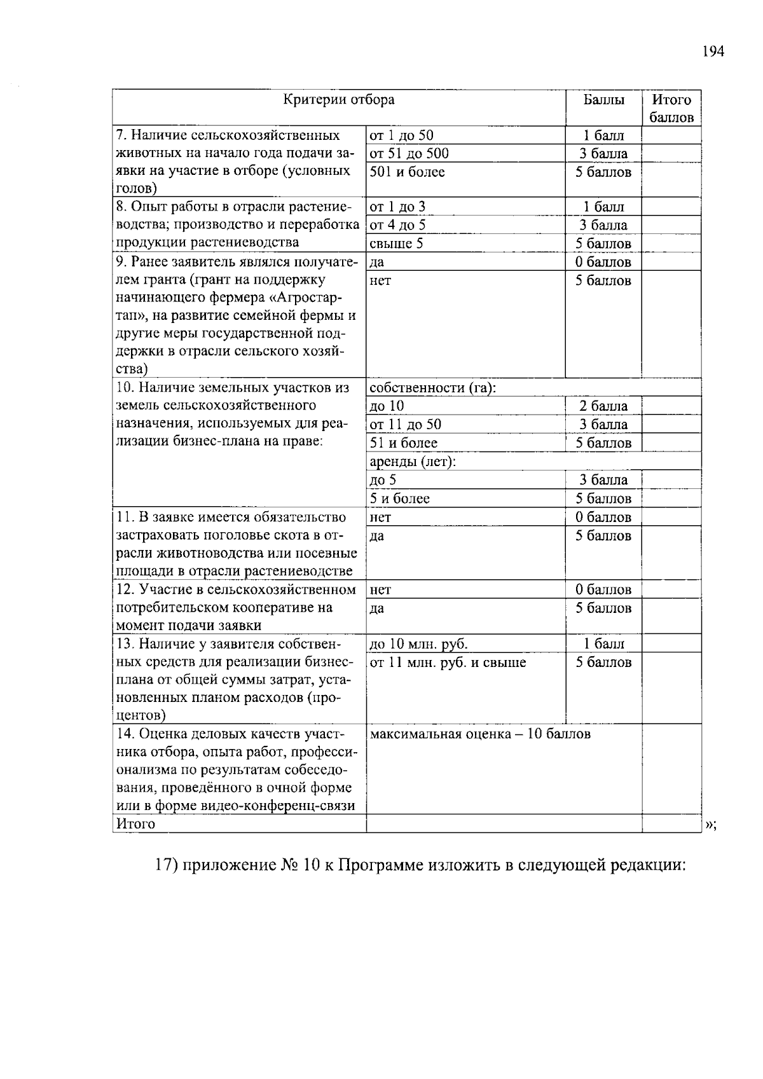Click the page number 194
(713, 52)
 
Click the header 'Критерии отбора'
(339, 100)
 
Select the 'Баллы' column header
(603, 100)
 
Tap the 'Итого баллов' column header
(671, 109)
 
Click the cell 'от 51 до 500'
(409, 153)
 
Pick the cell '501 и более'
(407, 172)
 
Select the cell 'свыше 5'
(396, 244)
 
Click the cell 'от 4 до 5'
(397, 225)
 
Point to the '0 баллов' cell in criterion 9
(603, 262)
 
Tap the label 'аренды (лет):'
(413, 462)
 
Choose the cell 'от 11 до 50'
(406, 425)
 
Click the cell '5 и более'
(400, 498)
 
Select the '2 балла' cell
(603, 406)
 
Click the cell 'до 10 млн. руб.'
(418, 644)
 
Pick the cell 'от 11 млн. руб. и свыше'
(448, 663)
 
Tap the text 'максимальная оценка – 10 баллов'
(480, 734)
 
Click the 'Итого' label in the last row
(135, 824)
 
